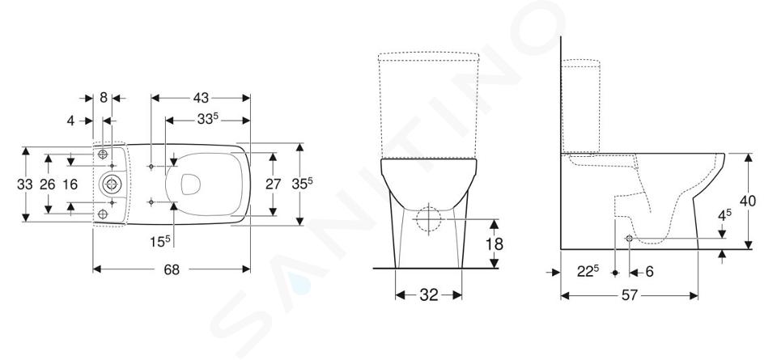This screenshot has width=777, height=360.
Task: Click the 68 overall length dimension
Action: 172,270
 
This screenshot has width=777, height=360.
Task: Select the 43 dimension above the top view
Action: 201,98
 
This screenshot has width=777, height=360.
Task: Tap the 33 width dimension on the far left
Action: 25,184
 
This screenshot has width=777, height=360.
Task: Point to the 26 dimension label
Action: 48,184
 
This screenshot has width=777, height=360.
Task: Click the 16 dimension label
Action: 70,184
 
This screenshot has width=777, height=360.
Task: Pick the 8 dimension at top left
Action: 103,98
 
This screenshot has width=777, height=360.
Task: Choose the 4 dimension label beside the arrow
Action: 71,121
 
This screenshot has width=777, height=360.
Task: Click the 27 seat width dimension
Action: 273,184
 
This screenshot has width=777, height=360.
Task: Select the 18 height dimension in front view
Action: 495,244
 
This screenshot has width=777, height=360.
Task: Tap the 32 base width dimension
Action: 429,295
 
